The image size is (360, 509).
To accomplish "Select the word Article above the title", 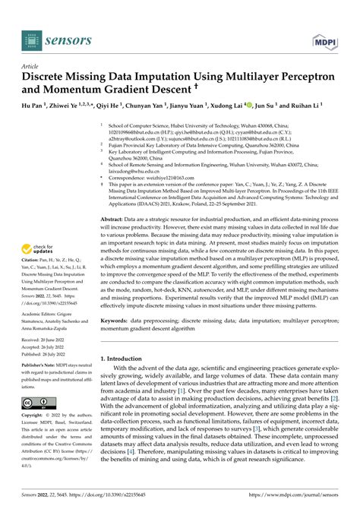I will [34, 66].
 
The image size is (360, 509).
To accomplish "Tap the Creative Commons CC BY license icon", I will [37, 402].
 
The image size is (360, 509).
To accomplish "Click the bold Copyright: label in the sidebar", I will [36, 416].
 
